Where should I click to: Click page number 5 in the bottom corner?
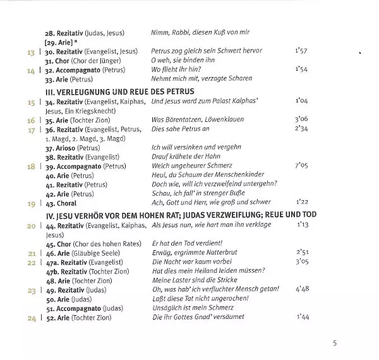click(335, 344)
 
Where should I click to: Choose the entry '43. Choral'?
click(61, 204)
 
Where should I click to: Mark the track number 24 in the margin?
click(30, 318)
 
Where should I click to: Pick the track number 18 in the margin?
click(30, 166)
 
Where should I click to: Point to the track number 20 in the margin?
click(30, 225)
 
